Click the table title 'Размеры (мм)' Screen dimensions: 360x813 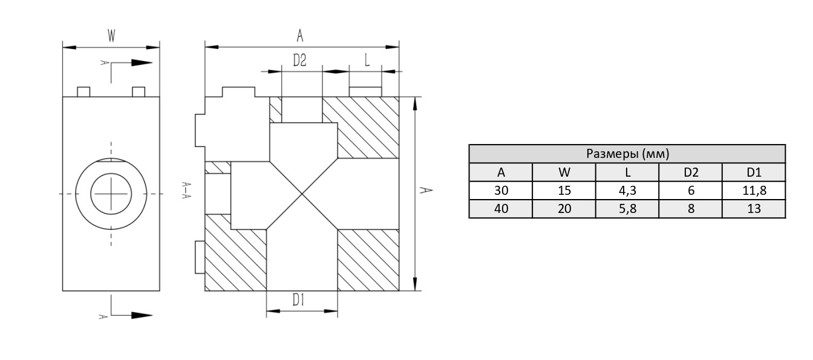pos(627,154)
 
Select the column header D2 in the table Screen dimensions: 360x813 pos(691,172)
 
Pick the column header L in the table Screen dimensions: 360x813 pos(627,172)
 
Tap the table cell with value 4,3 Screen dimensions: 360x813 pos(627,191)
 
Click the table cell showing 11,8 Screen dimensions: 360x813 pos(754,191)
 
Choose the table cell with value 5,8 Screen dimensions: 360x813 pos(627,209)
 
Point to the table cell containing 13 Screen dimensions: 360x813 pos(754,209)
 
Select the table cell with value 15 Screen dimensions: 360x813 pos(564,191)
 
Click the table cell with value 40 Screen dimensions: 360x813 pos(501,209)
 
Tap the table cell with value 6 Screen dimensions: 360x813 pos(691,191)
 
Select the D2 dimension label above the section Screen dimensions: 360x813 pos(300,61)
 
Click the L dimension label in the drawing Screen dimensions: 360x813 pos(367,60)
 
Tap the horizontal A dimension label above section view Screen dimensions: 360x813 pos(299,36)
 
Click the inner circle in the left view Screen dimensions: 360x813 pos(111,194)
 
